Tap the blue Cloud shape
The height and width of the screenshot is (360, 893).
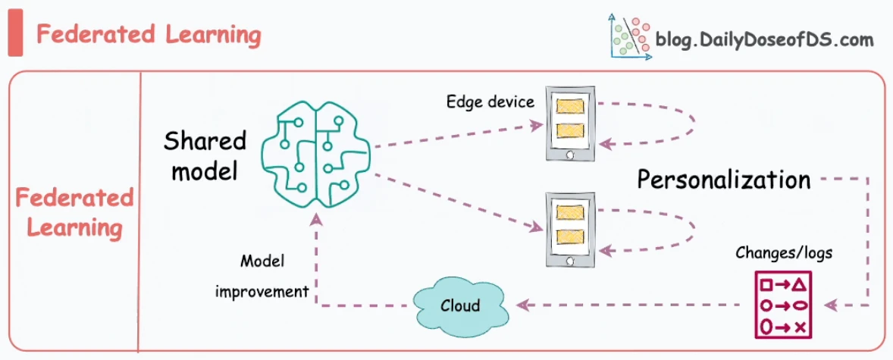[x=461, y=305]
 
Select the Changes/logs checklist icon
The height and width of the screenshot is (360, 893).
[x=782, y=305]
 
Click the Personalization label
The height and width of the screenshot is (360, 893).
[x=723, y=180]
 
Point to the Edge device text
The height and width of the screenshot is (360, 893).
[x=490, y=102]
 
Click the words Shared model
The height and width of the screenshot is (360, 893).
[x=205, y=155]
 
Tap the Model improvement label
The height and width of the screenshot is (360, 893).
[x=262, y=277]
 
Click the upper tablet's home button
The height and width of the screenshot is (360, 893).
[x=570, y=155]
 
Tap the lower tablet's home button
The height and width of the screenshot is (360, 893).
[x=570, y=260]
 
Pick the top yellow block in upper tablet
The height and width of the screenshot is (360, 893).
[x=570, y=107]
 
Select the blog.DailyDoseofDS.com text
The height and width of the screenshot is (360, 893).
[x=764, y=40]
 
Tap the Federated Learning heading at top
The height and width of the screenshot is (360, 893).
[x=149, y=35]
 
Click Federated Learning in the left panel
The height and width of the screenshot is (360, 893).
[x=74, y=213]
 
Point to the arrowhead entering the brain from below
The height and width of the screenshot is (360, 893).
[x=317, y=219]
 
